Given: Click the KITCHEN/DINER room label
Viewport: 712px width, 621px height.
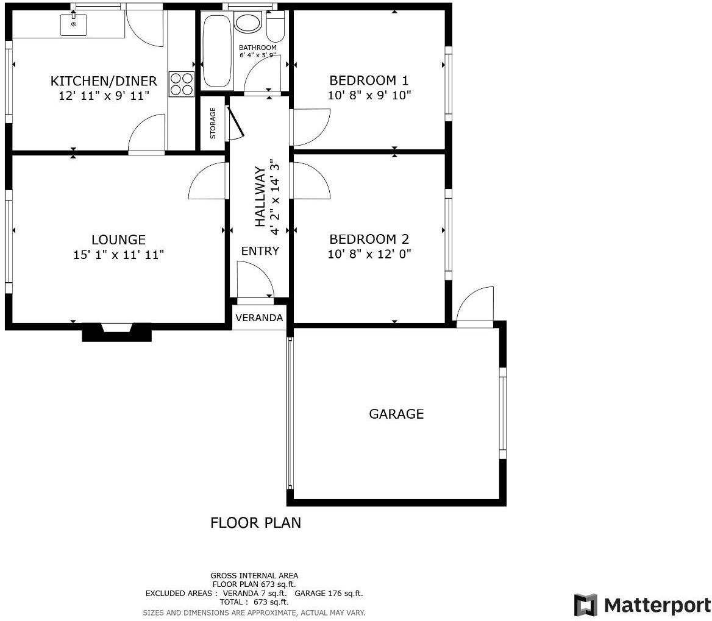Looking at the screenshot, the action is click(x=104, y=81).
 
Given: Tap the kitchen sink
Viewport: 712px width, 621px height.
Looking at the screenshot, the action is click(x=74, y=24).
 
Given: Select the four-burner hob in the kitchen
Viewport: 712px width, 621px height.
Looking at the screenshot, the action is click(x=182, y=84).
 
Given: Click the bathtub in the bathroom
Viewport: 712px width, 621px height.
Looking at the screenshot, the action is click(x=217, y=51).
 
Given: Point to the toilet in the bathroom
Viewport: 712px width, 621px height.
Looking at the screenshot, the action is click(x=275, y=26).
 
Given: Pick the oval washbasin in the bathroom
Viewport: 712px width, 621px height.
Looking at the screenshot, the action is click(x=247, y=23).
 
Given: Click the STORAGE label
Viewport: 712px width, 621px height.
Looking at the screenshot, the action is click(x=213, y=123).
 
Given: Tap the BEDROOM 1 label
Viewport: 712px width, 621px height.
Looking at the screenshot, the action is click(x=369, y=80).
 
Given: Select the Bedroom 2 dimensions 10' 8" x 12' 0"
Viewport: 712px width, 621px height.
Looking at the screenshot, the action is click(x=369, y=254).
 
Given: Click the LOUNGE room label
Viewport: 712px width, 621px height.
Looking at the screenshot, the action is click(x=118, y=240).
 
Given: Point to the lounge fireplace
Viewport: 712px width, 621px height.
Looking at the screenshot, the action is click(x=116, y=332).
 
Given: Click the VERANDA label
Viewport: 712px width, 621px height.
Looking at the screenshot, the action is click(x=259, y=318).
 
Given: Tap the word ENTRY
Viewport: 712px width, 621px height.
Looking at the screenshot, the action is click(x=260, y=251).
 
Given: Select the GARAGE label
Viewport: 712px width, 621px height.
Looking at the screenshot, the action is click(x=396, y=414).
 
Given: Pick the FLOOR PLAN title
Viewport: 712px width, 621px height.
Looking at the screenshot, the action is click(x=255, y=523).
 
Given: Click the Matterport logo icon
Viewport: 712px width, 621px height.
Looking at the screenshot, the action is click(x=585, y=605).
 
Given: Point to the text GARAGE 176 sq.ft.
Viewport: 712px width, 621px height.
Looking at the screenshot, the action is click(x=329, y=594).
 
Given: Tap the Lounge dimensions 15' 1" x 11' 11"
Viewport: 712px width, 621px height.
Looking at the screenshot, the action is click(x=118, y=255).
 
